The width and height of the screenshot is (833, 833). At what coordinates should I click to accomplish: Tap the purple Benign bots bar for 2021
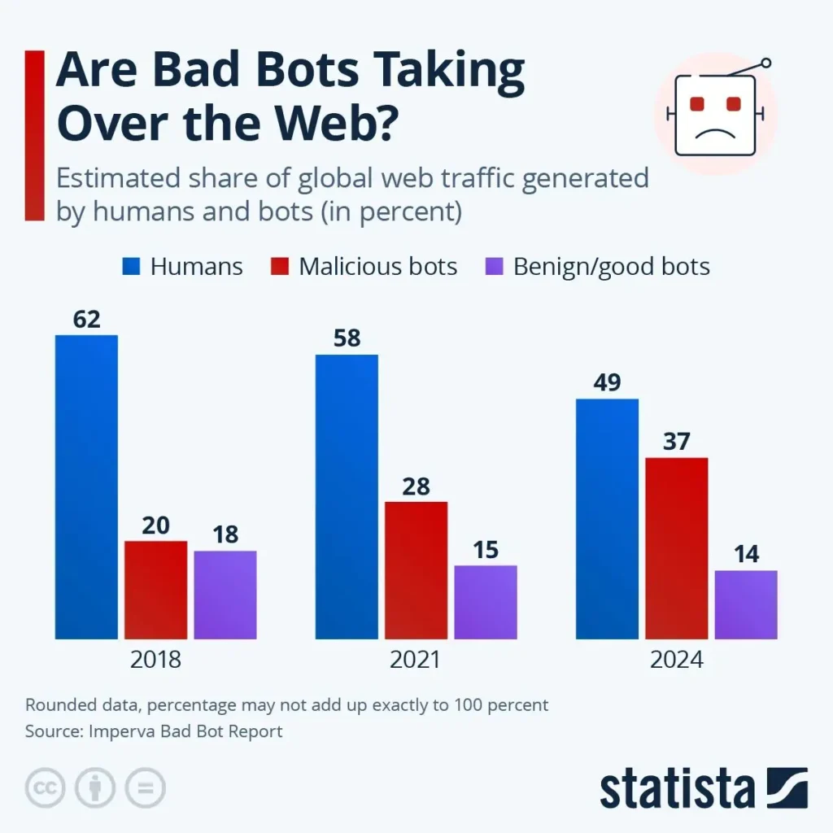(x=486, y=602)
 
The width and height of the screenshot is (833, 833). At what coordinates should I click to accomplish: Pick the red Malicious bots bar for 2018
(x=155, y=590)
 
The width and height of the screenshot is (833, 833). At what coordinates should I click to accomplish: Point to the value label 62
(x=86, y=320)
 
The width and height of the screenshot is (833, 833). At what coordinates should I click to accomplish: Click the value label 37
(x=676, y=443)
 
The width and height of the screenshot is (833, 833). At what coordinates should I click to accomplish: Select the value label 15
(x=486, y=550)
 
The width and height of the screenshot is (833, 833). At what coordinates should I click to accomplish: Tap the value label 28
(x=416, y=486)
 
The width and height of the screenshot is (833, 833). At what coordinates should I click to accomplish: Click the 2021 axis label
(x=416, y=659)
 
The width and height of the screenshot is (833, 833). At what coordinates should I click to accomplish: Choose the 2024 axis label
(x=676, y=659)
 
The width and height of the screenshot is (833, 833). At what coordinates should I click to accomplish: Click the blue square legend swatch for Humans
(x=133, y=266)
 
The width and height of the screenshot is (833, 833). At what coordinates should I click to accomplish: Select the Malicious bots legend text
(x=377, y=266)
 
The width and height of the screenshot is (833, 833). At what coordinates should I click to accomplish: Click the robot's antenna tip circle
(x=765, y=63)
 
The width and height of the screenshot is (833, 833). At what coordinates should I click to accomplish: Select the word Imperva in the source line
(x=116, y=731)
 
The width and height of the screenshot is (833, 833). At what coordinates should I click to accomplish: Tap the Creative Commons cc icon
(x=46, y=787)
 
